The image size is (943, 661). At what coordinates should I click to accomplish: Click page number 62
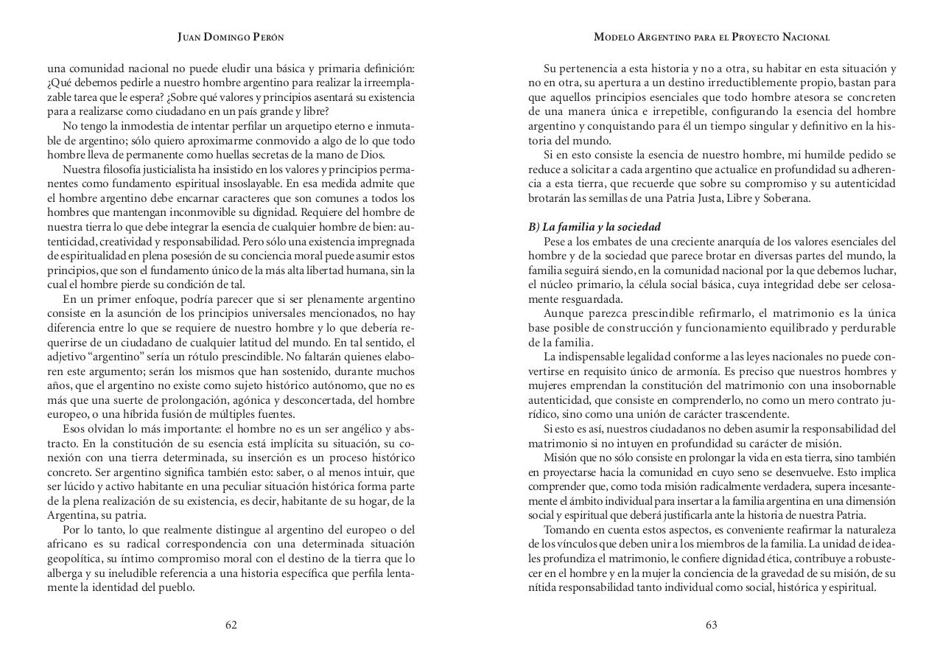pyautogui.click(x=231, y=625)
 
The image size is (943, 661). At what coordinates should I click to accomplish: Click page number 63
pyautogui.click(x=711, y=625)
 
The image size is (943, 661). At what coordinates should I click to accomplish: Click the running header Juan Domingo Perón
pyautogui.click(x=231, y=37)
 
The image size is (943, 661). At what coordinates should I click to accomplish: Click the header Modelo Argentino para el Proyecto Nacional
pyautogui.click(x=711, y=37)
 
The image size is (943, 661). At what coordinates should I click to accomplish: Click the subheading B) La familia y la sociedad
pyautogui.click(x=594, y=227)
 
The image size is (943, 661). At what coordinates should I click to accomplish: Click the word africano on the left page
pyautogui.click(x=69, y=544)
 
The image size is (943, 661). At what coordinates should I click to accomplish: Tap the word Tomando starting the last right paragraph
pyautogui.click(x=565, y=530)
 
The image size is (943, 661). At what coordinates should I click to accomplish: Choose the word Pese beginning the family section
pyautogui.click(x=555, y=242)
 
